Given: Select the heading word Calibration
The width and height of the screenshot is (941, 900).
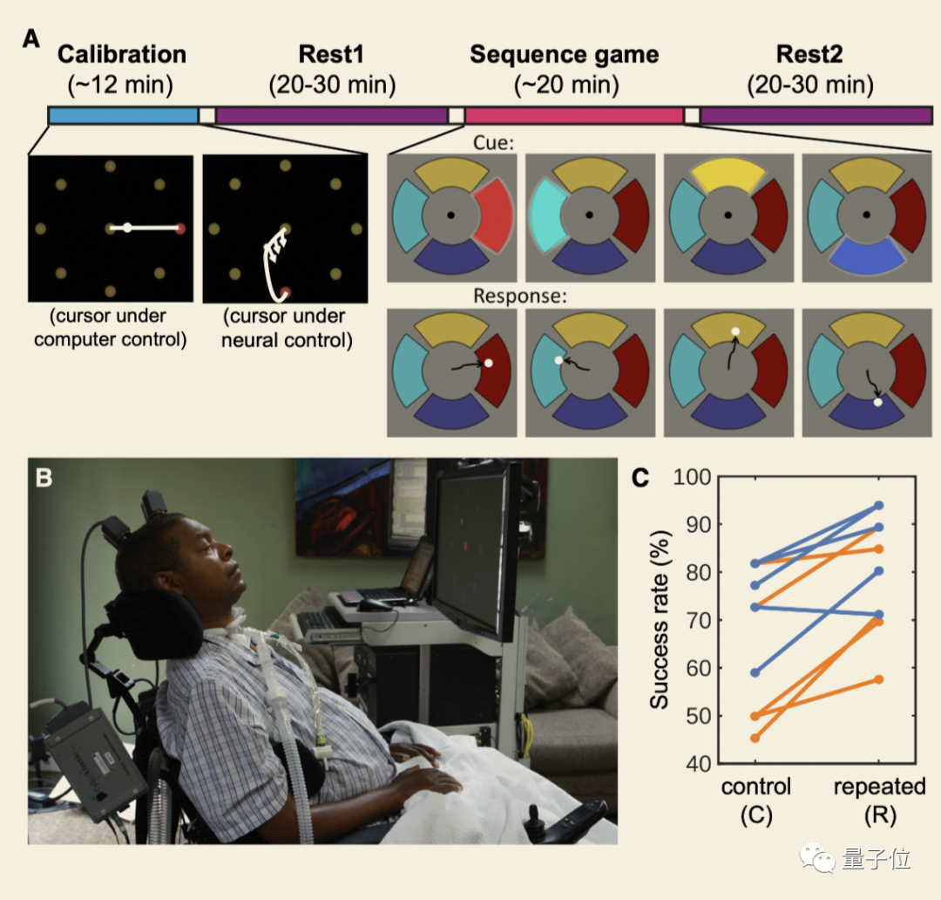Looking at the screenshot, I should [x=122, y=54].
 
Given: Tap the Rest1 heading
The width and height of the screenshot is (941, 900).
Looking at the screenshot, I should [x=331, y=54].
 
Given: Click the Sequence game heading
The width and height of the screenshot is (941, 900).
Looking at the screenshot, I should [x=564, y=54].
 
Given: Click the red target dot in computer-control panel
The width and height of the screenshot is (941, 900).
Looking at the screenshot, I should [x=181, y=228].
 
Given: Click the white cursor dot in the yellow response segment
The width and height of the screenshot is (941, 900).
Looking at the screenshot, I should [x=735, y=331].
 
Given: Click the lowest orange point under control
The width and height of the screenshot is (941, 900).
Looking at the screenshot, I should [x=755, y=738].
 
